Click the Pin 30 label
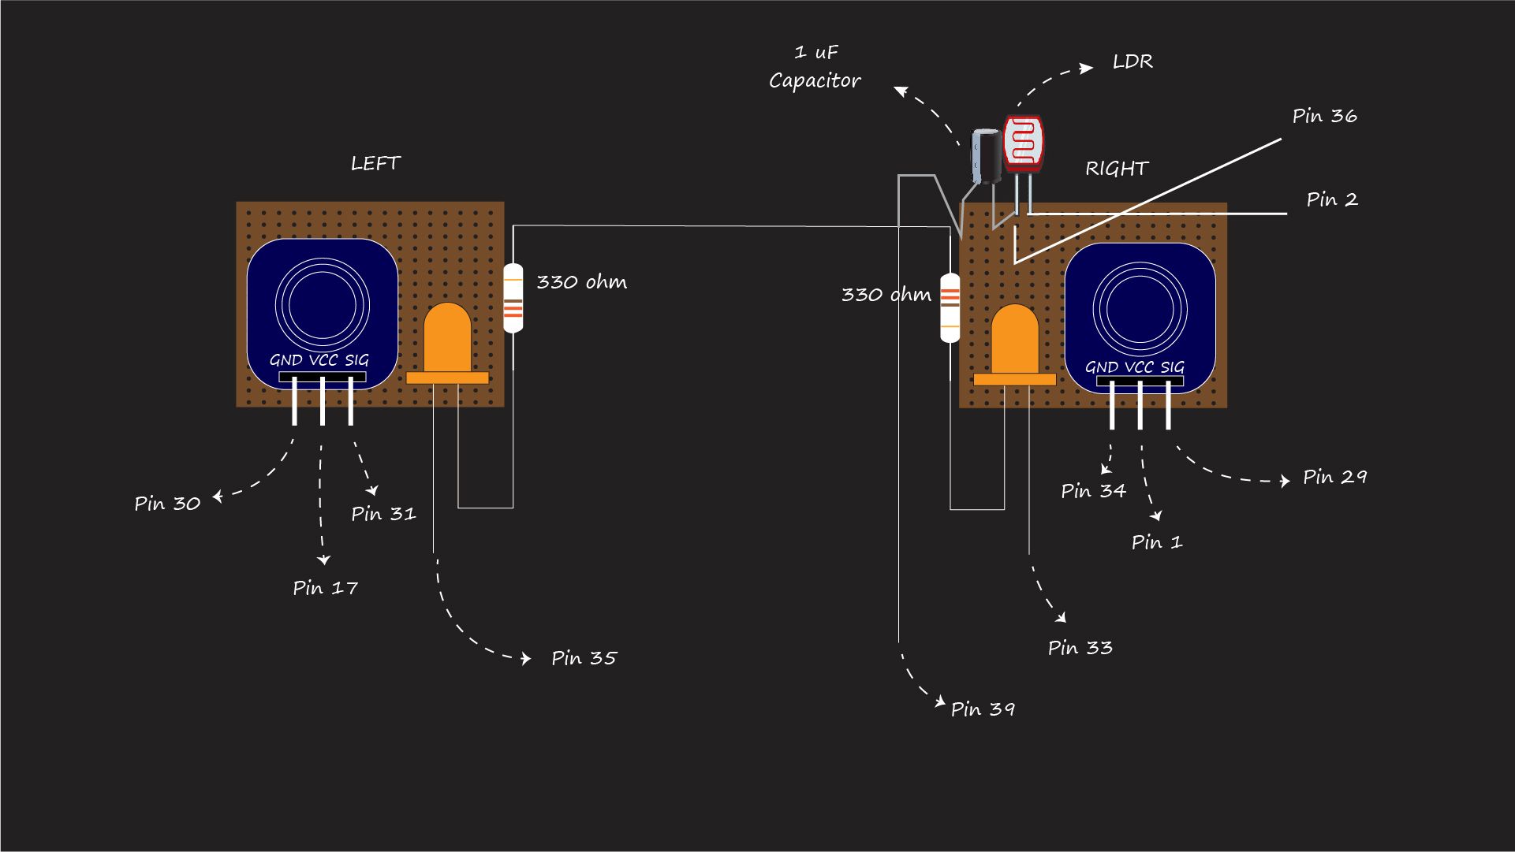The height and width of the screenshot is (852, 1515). (167, 504)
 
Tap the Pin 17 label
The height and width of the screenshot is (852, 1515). (325, 588)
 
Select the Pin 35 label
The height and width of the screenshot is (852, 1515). (584, 658)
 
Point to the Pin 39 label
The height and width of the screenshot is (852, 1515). (983, 709)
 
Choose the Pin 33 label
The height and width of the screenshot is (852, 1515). (1080, 648)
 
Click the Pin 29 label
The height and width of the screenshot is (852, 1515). (1334, 477)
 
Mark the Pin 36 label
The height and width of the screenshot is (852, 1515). (1324, 116)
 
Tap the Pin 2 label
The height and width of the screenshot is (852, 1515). (1331, 199)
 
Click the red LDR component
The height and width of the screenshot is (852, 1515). (1023, 144)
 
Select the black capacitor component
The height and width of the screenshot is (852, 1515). (986, 156)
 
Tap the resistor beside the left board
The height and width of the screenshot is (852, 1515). (513, 298)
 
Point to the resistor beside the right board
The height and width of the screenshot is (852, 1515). (950, 307)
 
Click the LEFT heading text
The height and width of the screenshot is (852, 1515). (375, 164)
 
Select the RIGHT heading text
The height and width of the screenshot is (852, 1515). (1116, 169)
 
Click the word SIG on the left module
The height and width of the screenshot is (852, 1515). (356, 360)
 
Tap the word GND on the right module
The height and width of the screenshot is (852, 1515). (1101, 367)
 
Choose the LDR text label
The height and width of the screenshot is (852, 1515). (1133, 61)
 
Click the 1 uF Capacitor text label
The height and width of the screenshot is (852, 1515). (815, 67)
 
